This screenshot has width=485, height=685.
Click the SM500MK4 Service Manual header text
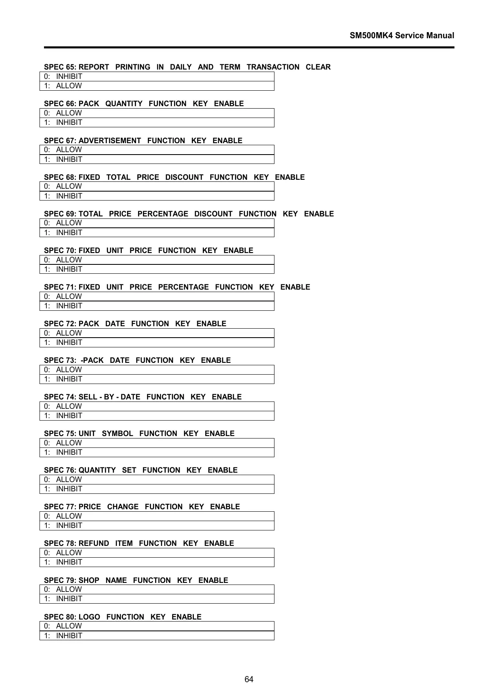[x=402, y=35]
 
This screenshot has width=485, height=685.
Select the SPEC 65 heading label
[x=60, y=67]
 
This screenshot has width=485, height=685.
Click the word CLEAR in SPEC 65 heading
[x=318, y=67]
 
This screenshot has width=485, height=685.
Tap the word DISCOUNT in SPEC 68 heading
[x=184, y=177]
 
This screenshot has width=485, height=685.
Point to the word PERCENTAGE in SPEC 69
[x=162, y=214]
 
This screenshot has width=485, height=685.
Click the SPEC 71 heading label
[x=60, y=287]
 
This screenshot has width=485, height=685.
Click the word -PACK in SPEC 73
[x=92, y=360]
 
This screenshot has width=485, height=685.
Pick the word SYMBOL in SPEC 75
[x=117, y=434]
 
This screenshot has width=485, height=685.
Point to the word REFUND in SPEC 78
[x=94, y=543]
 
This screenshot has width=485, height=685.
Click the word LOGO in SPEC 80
[x=89, y=617]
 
